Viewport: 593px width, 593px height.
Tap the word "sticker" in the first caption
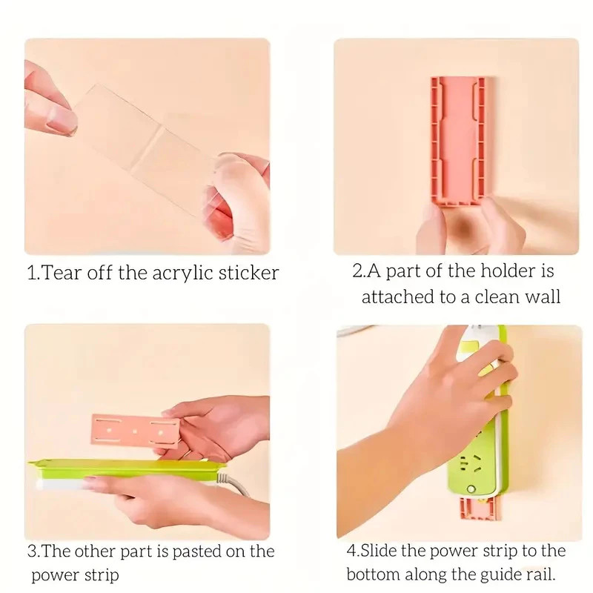248,272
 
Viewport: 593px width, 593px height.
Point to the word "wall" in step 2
542,296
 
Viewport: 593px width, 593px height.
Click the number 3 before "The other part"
32,551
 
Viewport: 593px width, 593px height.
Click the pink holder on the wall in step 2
458,142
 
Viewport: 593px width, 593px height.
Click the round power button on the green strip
471,489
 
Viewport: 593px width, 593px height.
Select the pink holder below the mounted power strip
480,509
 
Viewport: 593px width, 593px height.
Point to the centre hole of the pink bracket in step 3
135,431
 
